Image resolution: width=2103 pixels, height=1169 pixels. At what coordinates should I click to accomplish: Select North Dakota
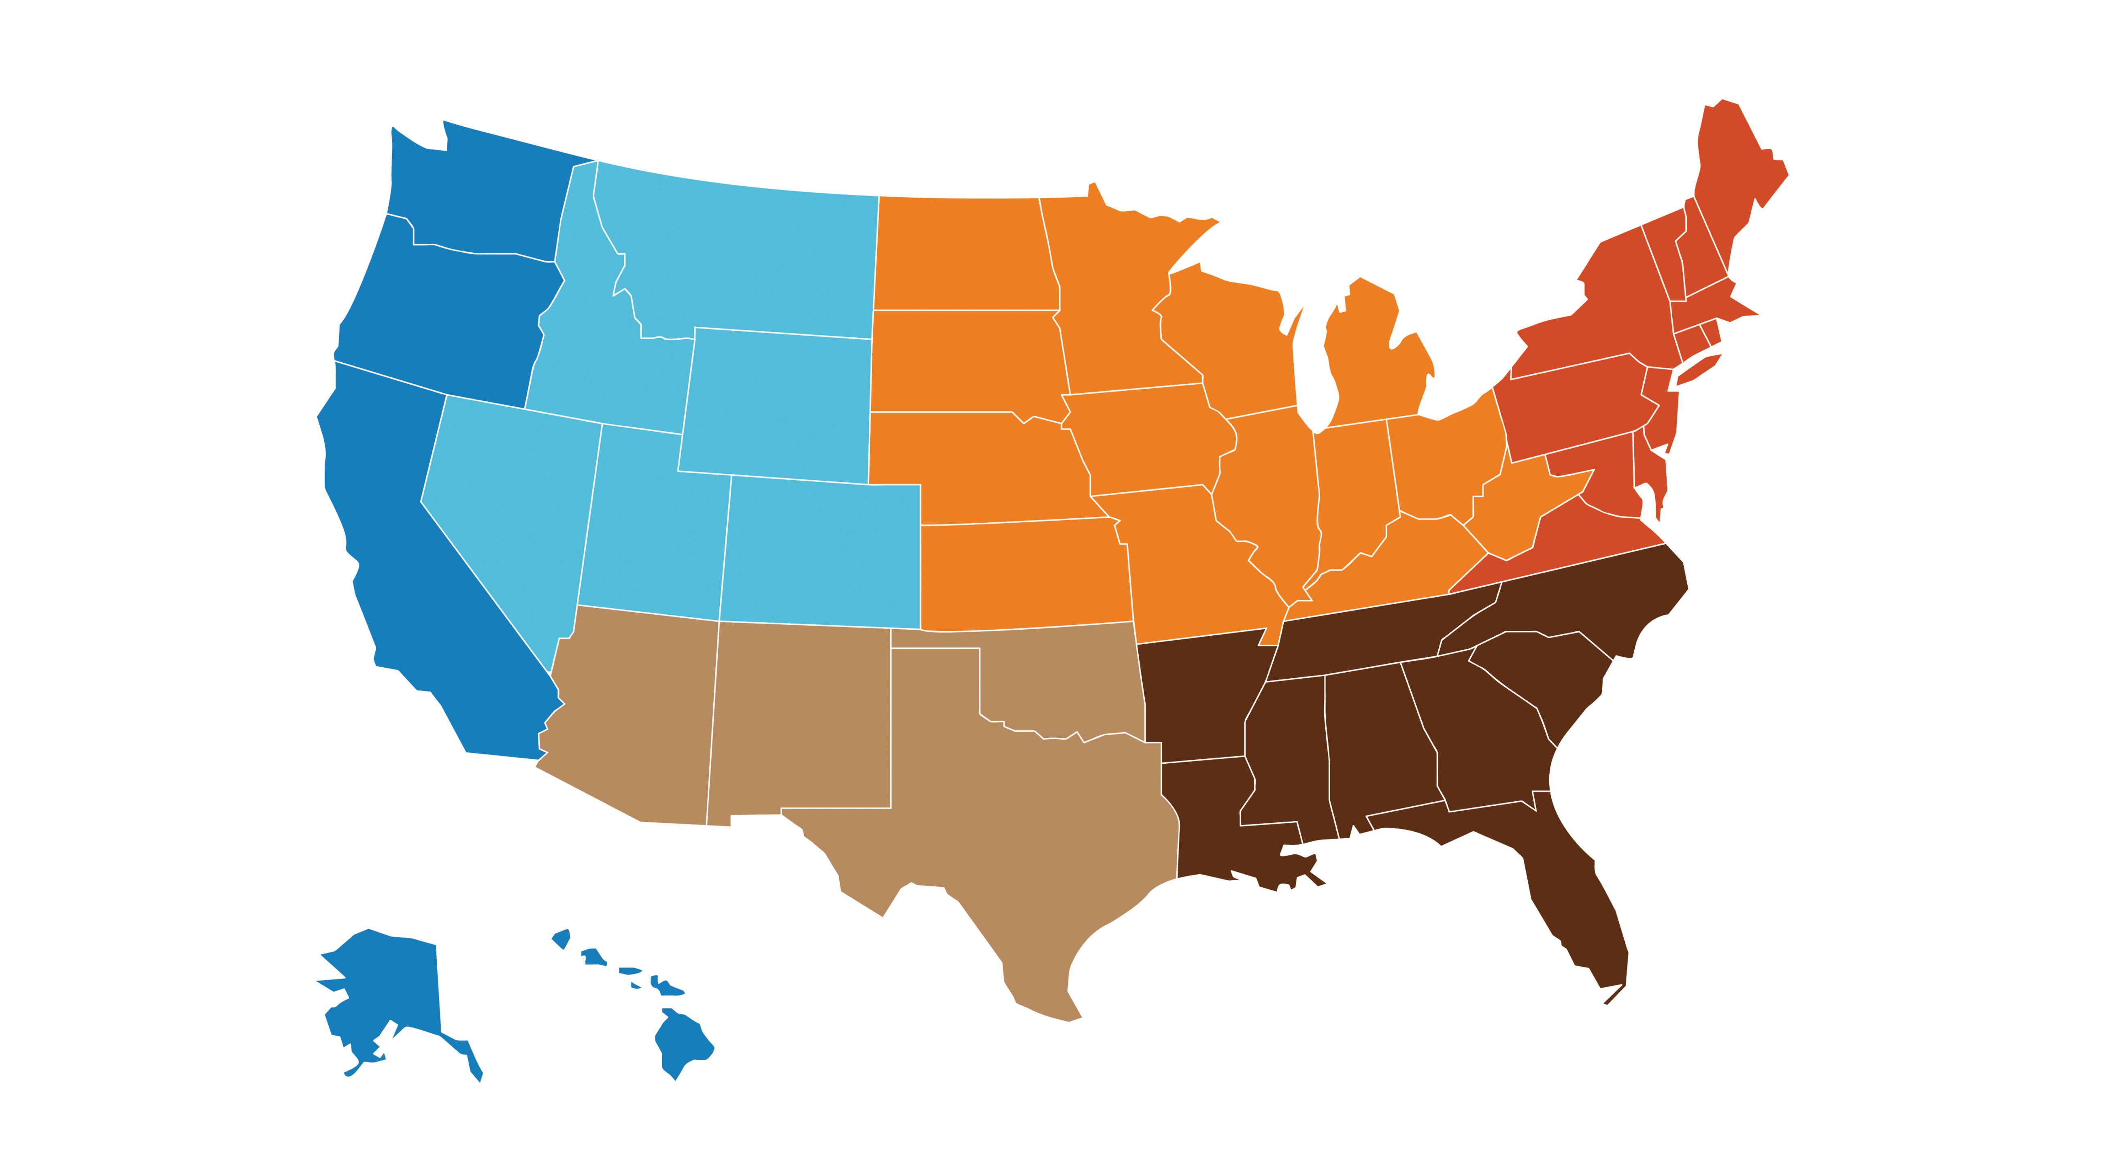point(963,253)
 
